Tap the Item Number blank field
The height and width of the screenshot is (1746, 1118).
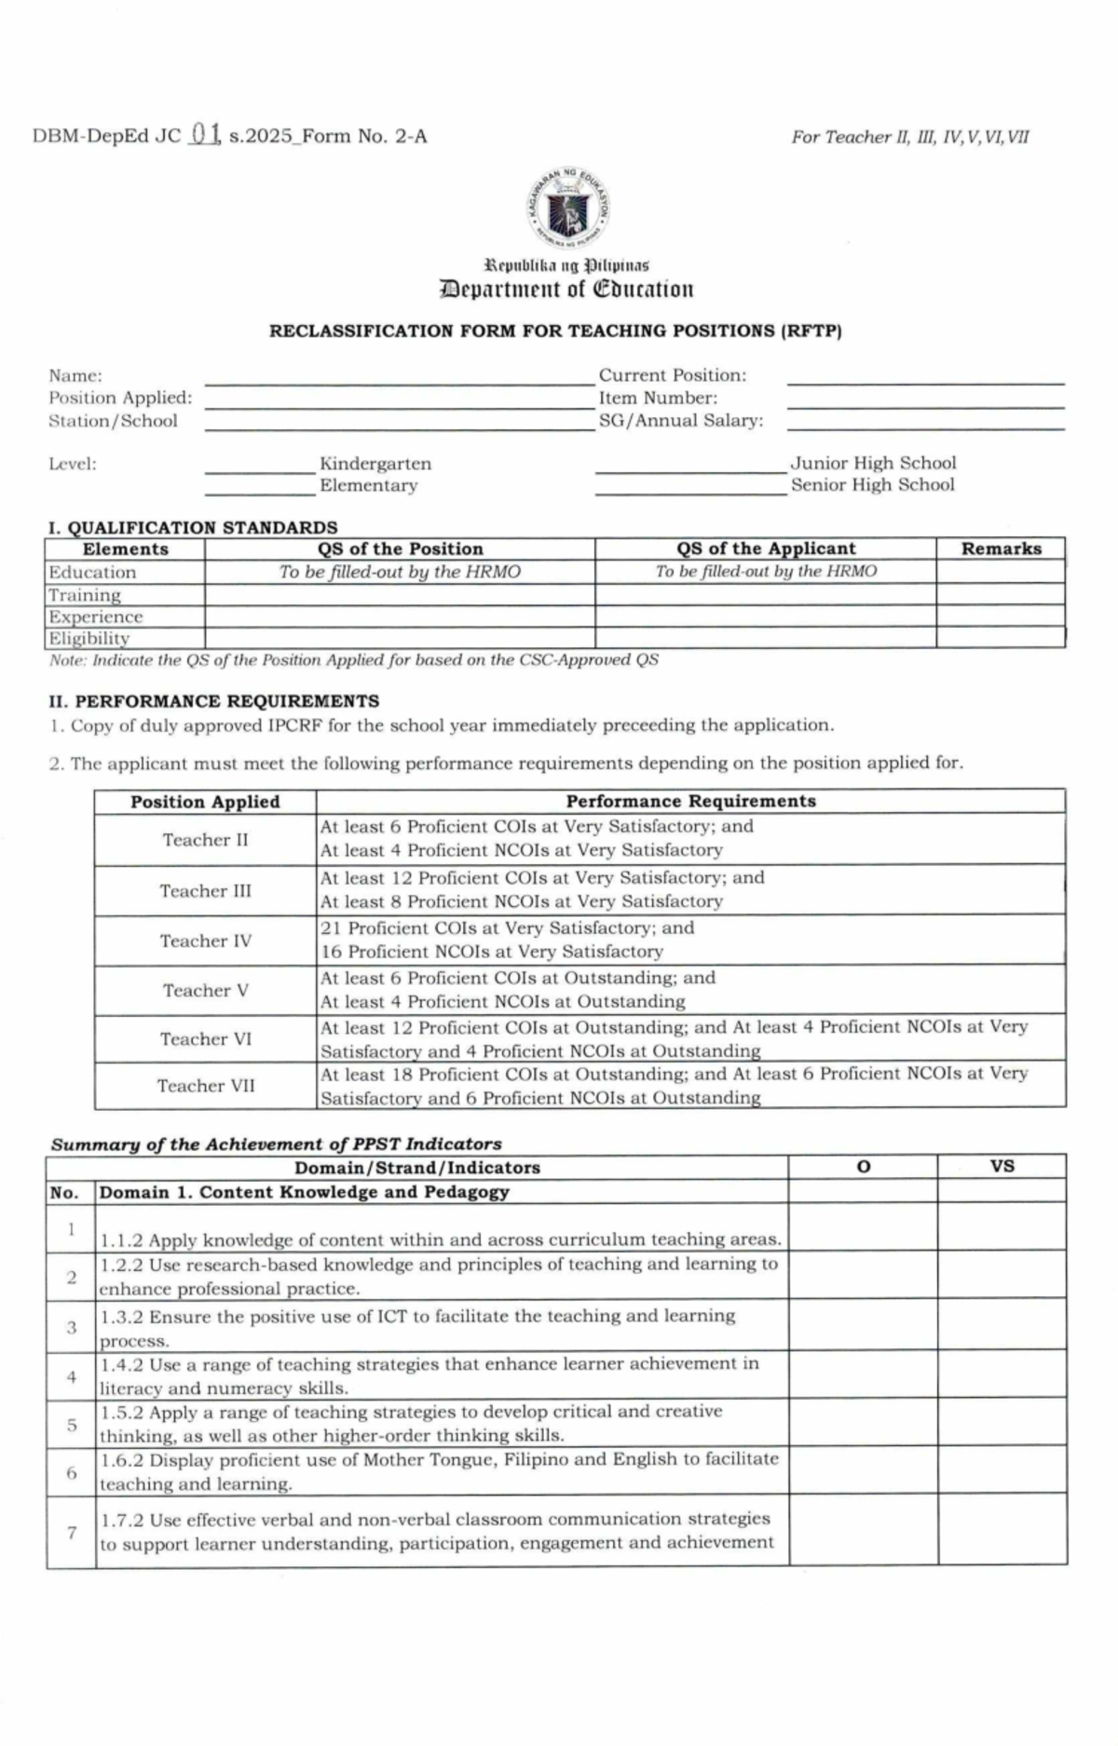[925, 401]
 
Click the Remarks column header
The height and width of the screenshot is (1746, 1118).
[1001, 548]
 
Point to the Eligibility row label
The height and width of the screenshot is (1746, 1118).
[89, 638]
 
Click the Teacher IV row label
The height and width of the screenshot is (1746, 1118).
[205, 941]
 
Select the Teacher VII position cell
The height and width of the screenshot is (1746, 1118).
[205, 1086]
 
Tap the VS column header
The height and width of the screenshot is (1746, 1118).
[1002, 1166]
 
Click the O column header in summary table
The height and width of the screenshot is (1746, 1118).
[863, 1167]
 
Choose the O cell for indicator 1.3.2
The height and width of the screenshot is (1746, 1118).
[863, 1326]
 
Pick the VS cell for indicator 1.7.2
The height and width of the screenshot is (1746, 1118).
[1002, 1532]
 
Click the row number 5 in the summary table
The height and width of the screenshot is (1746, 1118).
[72, 1424]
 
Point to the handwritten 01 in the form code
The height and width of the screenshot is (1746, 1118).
[203, 135]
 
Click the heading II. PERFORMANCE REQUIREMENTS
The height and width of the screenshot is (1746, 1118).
[213, 701]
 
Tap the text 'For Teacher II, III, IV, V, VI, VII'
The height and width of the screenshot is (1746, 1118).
[909, 137]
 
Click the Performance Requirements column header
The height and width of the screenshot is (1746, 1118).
[690, 801]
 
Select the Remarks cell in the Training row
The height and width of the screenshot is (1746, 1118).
[1001, 594]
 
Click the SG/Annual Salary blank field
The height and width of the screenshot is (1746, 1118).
[925, 424]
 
